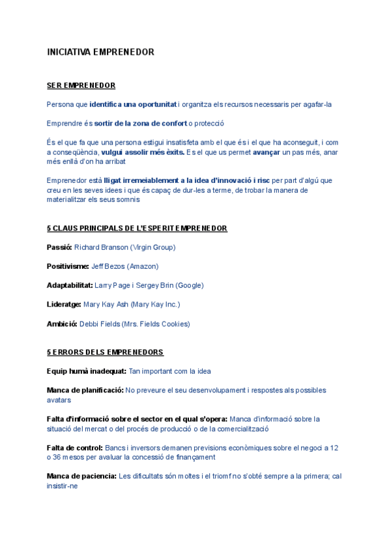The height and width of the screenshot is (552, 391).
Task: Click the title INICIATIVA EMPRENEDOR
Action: pyautogui.click(x=100, y=52)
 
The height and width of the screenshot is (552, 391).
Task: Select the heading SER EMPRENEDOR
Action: pyautogui.click(x=81, y=85)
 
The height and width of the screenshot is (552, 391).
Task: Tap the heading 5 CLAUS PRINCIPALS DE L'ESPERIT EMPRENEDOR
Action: pyautogui.click(x=137, y=228)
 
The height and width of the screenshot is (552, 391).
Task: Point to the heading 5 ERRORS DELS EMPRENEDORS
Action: pyautogui.click(x=105, y=352)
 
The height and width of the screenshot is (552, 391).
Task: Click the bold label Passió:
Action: pyautogui.click(x=59, y=247)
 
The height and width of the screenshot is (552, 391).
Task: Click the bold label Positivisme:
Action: pyautogui.click(x=68, y=266)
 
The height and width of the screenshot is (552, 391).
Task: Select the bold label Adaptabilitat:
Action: pyautogui.click(x=70, y=285)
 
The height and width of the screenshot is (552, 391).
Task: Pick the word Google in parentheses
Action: pyautogui.click(x=188, y=285)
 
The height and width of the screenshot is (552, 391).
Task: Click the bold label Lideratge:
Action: pyautogui.click(x=64, y=304)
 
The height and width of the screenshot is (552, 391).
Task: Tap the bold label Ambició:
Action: pyautogui.click(x=62, y=324)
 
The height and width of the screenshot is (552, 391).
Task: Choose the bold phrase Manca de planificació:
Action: pyautogui.click(x=85, y=390)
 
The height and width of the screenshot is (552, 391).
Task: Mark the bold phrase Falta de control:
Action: pyautogui.click(x=75, y=448)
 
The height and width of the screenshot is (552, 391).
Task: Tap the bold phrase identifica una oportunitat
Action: pyautogui.click(x=133, y=104)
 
